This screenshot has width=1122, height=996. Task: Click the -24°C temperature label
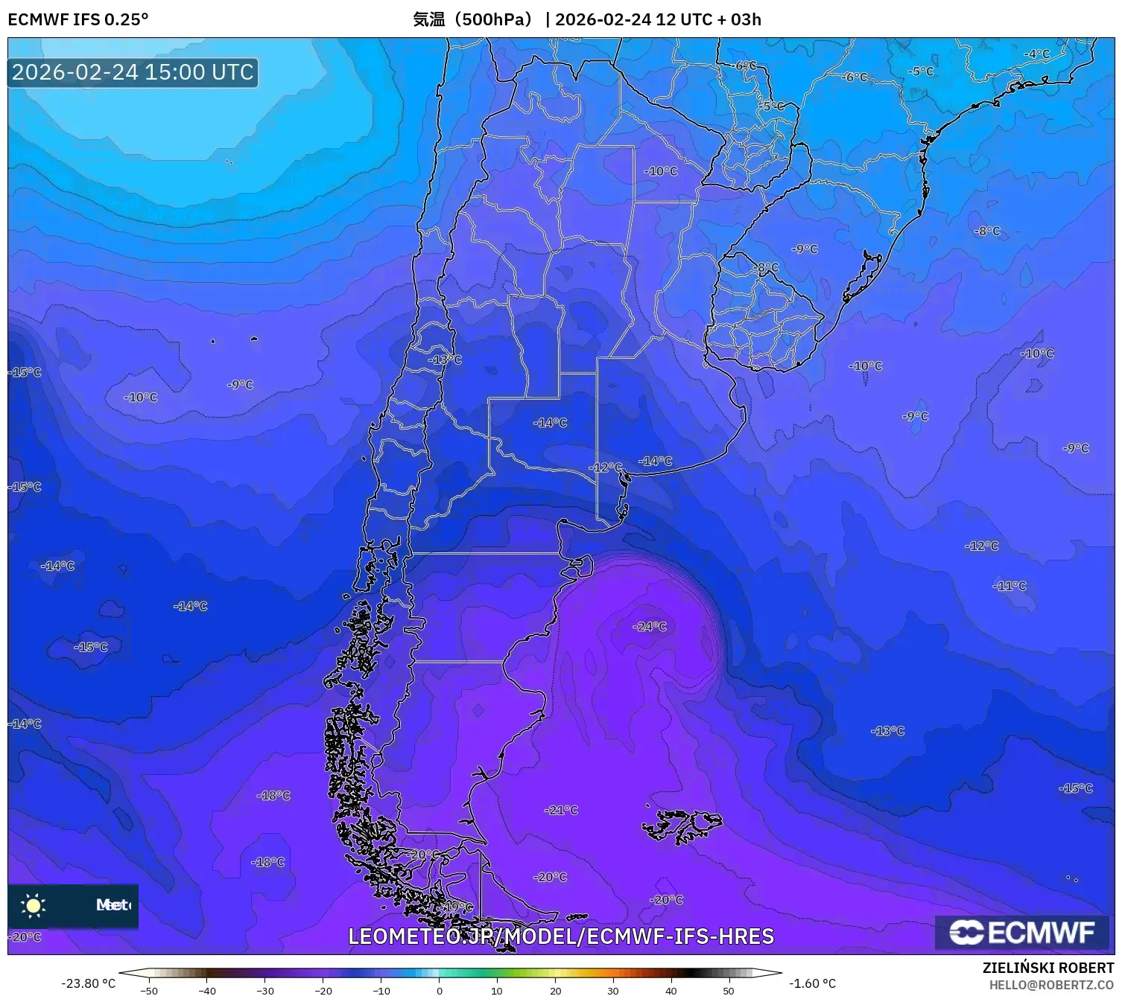[x=650, y=627]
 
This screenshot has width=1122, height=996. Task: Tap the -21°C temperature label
[x=561, y=810]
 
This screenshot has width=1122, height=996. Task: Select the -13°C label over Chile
[x=445, y=360]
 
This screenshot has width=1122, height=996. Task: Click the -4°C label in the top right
[x=1036, y=54]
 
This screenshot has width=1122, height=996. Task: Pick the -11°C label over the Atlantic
[x=1009, y=586]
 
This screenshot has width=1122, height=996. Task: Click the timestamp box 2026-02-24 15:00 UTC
[x=133, y=72]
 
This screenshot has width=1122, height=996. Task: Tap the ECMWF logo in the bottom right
[x=1022, y=932]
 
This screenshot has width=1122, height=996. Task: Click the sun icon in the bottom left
[x=34, y=905]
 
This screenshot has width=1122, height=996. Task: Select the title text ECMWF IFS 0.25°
[x=78, y=19]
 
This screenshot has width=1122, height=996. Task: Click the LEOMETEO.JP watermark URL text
[x=561, y=936]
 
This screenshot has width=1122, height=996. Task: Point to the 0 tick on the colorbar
[x=439, y=991]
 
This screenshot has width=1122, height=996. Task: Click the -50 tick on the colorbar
[x=149, y=991]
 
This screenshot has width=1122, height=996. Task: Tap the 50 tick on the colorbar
[x=729, y=991]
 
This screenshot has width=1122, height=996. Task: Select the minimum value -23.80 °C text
[x=88, y=983]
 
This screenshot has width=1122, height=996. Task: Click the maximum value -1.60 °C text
[x=812, y=983]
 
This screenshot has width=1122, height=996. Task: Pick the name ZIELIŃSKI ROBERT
[x=1048, y=968]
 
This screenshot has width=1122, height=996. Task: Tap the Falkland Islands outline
[x=682, y=825]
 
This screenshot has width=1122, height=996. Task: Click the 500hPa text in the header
[x=492, y=19]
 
